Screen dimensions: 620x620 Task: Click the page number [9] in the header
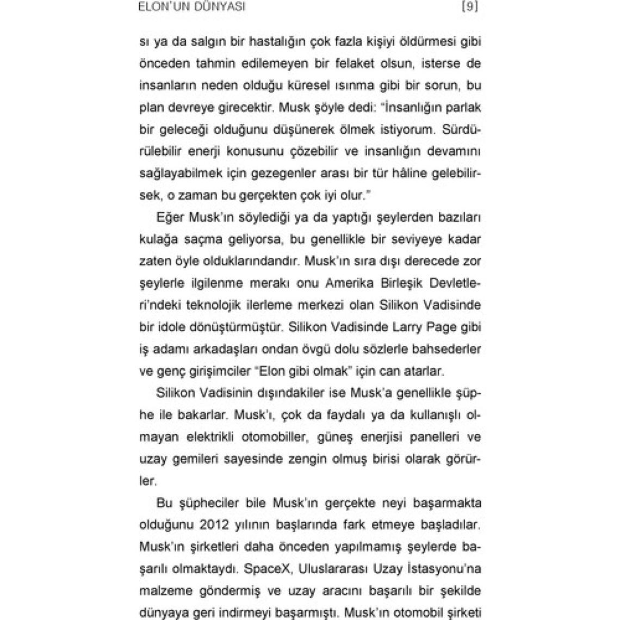(x=469, y=7)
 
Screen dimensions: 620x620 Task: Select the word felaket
(x=374, y=64)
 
